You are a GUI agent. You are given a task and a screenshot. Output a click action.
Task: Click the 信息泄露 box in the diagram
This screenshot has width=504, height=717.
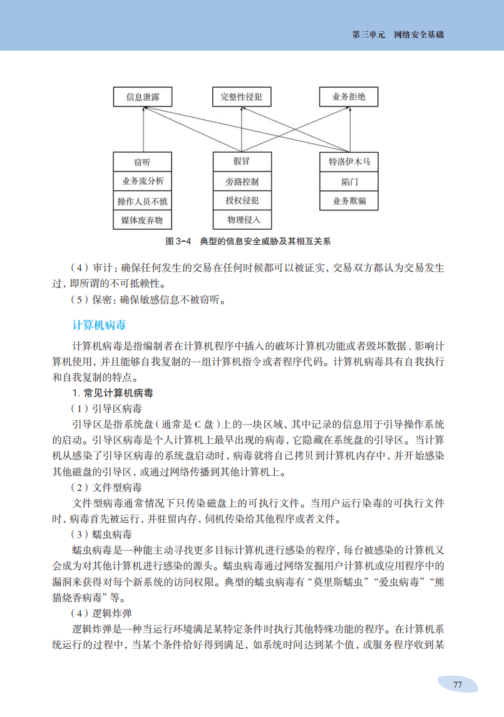143,97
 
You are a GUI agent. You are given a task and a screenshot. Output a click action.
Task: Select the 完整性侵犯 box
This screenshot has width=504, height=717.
241,97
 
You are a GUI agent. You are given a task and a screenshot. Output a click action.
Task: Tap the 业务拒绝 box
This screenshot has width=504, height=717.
349,97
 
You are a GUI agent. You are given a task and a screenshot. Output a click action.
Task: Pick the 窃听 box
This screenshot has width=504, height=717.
143,162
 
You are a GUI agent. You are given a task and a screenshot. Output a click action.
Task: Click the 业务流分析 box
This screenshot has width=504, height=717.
143,182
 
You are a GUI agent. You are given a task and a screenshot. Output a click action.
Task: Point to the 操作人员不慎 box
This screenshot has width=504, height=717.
143,202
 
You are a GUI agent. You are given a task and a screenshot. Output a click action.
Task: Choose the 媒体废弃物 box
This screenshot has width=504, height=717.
143,220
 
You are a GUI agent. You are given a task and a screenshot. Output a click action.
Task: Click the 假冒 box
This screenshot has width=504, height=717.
242,162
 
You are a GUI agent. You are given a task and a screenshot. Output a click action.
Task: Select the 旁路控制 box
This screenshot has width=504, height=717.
242,182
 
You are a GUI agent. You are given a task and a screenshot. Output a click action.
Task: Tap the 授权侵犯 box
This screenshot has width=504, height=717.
242,201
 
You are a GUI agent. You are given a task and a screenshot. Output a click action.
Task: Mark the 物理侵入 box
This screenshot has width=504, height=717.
242,220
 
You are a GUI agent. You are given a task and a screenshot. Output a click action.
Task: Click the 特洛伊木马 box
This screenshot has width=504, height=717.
349,162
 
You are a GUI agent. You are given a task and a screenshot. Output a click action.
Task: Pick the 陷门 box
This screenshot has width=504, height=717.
349,182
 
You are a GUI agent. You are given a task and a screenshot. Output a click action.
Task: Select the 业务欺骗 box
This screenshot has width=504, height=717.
349,201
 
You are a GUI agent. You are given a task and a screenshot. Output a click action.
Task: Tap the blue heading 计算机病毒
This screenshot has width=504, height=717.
100,325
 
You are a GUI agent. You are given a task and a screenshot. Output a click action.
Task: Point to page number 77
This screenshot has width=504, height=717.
457,684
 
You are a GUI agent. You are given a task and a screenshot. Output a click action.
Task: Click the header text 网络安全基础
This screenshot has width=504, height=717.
419,35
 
